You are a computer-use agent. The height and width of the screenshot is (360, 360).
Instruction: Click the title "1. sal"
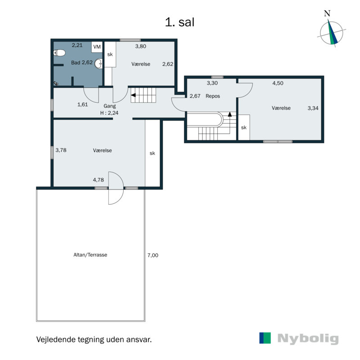point(180,22)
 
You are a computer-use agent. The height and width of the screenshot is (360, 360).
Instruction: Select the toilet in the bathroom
point(58,53)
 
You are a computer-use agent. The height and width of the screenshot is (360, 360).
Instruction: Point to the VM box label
point(97,46)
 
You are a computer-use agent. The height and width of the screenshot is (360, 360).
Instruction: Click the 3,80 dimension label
point(141,46)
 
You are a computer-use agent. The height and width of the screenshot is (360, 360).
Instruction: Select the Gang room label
point(110,106)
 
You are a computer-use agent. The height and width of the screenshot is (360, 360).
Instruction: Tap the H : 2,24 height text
point(110,113)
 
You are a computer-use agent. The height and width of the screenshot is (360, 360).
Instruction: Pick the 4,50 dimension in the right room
point(278,83)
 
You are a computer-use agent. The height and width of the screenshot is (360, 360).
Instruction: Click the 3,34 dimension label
point(313,108)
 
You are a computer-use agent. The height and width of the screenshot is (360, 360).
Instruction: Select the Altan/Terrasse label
point(90,255)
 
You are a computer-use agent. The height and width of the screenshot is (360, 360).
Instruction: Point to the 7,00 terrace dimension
point(153,255)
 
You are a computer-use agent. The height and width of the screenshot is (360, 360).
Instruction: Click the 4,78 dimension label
point(99,180)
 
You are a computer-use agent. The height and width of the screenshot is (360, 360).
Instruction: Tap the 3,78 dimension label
point(61,150)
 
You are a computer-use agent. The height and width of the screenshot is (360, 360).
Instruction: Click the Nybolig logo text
point(307,339)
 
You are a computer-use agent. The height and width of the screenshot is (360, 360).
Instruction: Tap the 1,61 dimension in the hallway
point(82,104)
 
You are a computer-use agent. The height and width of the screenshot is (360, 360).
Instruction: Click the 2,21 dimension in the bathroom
point(77,45)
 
